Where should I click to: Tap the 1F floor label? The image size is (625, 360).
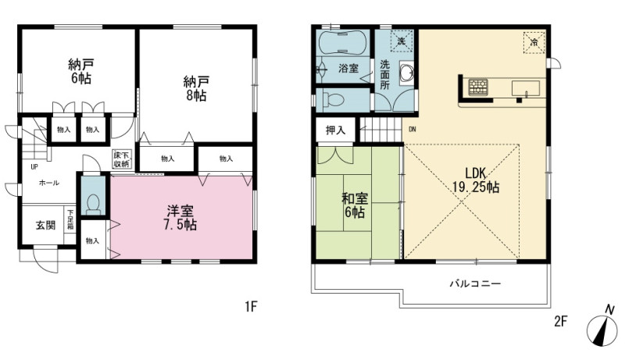[251, 307]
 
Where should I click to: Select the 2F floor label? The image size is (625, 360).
[560, 321]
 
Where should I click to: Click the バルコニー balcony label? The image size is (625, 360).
[475, 284]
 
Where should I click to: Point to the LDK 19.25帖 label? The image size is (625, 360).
[476, 180]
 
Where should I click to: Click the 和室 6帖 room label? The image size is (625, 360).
[355, 205]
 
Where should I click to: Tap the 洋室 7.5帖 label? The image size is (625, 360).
[180, 218]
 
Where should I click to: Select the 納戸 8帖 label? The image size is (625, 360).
[196, 88]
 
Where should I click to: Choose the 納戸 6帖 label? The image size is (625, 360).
[81, 71]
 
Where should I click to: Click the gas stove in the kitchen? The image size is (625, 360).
[478, 87]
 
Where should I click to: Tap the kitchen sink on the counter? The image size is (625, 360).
[525, 89]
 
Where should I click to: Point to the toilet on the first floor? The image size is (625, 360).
[93, 205]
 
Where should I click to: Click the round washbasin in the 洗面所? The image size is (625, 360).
[406, 73]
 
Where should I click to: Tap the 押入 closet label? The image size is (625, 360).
[335, 130]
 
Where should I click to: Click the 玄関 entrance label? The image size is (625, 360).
[46, 226]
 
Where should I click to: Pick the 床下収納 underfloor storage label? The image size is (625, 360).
[121, 159]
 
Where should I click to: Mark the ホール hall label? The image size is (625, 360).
[49, 184]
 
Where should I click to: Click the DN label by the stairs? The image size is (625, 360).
[412, 130]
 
